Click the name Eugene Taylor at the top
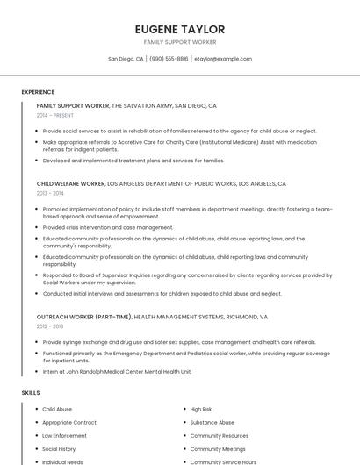(x=180, y=29)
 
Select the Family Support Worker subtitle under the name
(x=180, y=42)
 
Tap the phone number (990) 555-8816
(x=169, y=59)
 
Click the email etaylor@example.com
(x=223, y=59)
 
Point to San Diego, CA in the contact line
(x=126, y=59)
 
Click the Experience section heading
(x=38, y=92)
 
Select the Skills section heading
(x=31, y=393)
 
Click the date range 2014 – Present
(x=54, y=115)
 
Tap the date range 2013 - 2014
(x=50, y=194)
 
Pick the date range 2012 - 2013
(x=50, y=325)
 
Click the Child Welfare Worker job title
(x=70, y=184)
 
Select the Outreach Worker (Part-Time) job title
(x=84, y=316)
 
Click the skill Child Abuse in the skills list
(x=57, y=410)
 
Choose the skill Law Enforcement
(x=64, y=436)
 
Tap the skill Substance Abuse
(x=212, y=423)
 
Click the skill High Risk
(x=201, y=410)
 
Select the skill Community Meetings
(x=218, y=449)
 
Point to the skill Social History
(x=59, y=449)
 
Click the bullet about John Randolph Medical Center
(x=117, y=371)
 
